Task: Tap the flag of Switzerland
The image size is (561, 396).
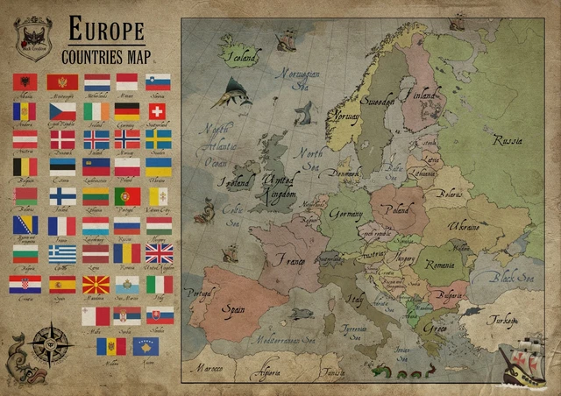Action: pyautogui.click(x=157, y=111)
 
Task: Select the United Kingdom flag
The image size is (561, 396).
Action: pyautogui.click(x=159, y=253)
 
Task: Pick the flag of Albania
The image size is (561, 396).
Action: pyautogui.click(x=25, y=82)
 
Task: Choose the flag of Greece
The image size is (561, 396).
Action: pyautogui.click(x=61, y=253)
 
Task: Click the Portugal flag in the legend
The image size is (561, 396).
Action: pyautogui.click(x=126, y=195)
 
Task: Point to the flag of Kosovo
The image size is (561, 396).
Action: pyautogui.click(x=144, y=347)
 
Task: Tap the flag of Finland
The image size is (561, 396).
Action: pyautogui.click(x=61, y=195)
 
